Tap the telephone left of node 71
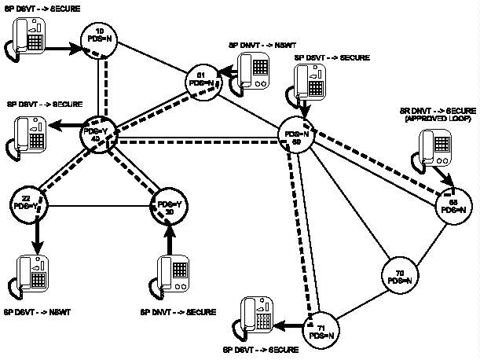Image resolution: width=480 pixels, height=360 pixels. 257,316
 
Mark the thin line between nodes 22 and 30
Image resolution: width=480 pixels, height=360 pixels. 98,207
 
